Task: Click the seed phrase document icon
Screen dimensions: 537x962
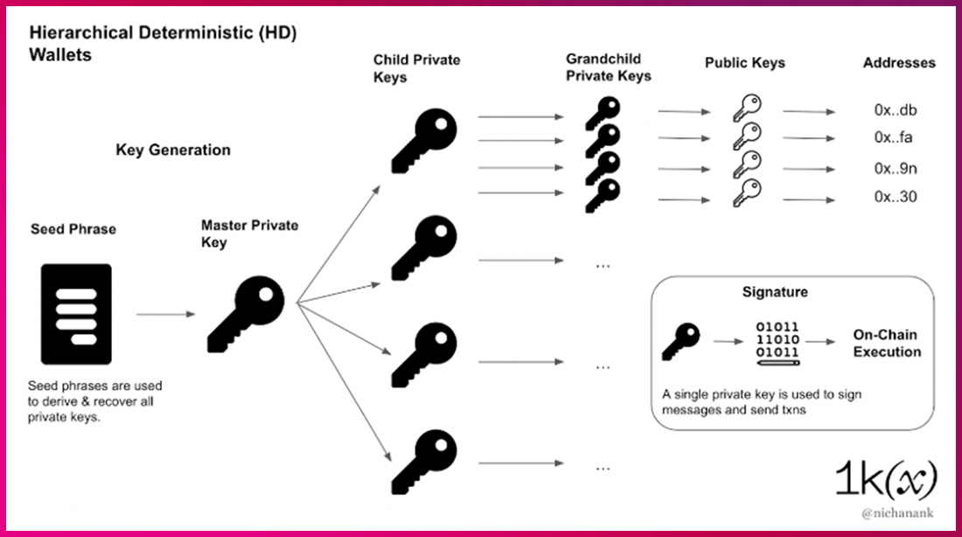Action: [76, 314]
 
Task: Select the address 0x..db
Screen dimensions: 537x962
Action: [895, 112]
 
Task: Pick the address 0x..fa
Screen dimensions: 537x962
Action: [895, 138]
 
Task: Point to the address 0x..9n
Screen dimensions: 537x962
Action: [895, 169]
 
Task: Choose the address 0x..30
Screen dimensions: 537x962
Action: [895, 197]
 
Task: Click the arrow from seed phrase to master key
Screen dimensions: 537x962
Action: [165, 314]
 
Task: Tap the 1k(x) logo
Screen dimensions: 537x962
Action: [885, 478]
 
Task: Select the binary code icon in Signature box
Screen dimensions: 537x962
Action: [777, 342]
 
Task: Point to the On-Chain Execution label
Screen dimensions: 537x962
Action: [887, 344]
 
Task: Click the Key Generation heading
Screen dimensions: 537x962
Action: [173, 150]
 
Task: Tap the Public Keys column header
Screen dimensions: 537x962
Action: [745, 63]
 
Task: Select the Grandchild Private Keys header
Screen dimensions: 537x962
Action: [609, 67]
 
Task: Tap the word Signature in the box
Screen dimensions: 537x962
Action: [775, 292]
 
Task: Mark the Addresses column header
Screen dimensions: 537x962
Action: [899, 63]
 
